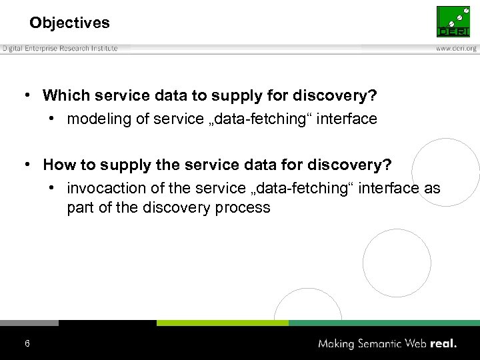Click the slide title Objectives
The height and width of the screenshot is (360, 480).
pos(69,23)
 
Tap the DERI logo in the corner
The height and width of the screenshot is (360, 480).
pos(453,22)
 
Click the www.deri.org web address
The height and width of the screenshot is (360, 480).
pos(456,49)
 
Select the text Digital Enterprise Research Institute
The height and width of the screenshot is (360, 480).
pos(60,49)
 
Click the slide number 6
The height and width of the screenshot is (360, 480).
pos(27,343)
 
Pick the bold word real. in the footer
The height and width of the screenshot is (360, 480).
pos(443,344)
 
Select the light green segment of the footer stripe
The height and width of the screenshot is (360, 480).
pos(222,323)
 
